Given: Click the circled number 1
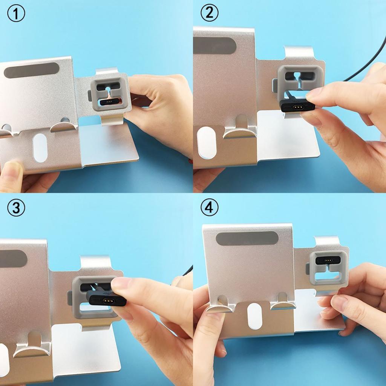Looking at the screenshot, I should (x=16, y=14).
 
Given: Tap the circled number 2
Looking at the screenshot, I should (x=209, y=14).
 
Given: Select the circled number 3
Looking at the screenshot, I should (x=16, y=208).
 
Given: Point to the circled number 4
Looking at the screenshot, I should (x=209, y=208).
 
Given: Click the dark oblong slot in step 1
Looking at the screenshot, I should (x=31, y=70).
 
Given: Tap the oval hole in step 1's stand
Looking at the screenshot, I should (x=40, y=147).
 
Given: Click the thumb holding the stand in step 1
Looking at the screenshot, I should (x=11, y=174).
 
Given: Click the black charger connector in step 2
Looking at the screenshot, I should (x=298, y=106).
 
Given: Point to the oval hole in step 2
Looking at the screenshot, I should (x=207, y=142).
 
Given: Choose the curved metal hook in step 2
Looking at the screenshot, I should (x=240, y=130).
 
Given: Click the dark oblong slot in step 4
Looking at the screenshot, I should (x=247, y=238).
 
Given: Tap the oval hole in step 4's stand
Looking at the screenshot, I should (x=255, y=316).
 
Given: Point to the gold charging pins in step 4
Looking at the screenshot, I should (x=327, y=260).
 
